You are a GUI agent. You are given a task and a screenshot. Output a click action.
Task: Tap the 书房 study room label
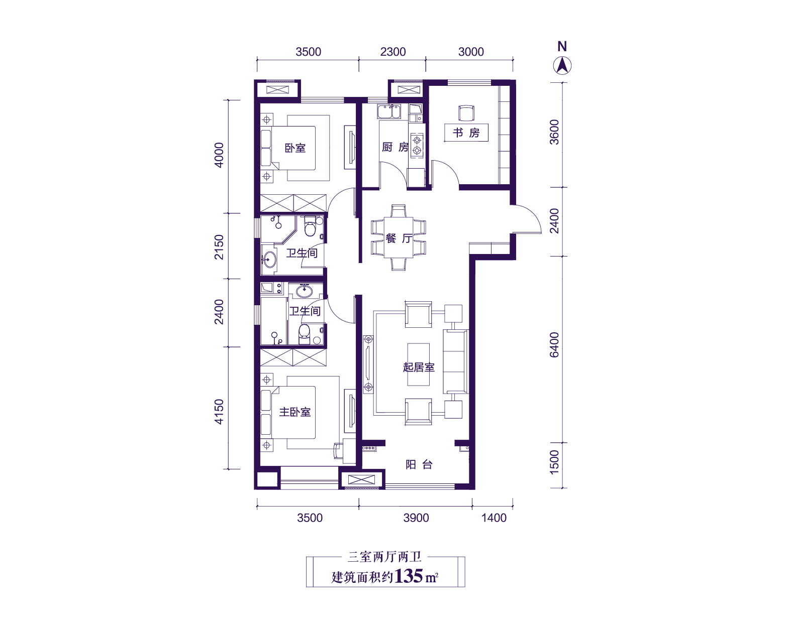[466, 133]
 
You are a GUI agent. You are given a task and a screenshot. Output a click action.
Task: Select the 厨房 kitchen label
[395, 147]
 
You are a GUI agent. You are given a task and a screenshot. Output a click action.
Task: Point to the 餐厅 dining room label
[399, 238]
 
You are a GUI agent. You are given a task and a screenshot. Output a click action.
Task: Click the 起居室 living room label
[419, 367]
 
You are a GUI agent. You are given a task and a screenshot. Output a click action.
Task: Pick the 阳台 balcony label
[419, 464]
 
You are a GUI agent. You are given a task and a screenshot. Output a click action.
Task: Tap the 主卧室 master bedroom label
[294, 412]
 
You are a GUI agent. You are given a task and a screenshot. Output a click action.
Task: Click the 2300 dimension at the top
[393, 52]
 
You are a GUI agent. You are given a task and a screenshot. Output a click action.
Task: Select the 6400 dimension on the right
[554, 345]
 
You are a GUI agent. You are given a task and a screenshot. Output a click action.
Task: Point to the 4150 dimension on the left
[219, 412]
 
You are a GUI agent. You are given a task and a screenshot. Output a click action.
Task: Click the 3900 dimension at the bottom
[416, 518]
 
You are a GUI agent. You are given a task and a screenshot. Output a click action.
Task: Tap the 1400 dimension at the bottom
[494, 518]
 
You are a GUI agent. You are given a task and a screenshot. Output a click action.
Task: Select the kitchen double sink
[389, 111]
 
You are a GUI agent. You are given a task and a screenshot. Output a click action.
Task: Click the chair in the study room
[466, 113]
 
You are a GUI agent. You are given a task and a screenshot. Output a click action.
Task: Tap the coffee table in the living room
[419, 364]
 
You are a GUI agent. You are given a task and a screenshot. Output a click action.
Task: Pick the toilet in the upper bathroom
[310, 227]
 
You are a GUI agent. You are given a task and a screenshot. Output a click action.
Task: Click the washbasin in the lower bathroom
[304, 291]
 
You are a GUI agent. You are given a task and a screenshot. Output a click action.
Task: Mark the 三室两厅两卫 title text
[385, 557]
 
